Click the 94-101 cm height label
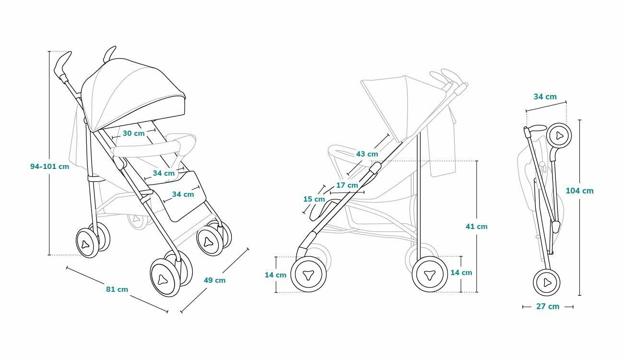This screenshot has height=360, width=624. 49,167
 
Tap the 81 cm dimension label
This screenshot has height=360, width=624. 117,289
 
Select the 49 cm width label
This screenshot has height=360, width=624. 214,280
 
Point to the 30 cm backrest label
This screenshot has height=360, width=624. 134,133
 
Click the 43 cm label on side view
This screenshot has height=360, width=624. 367,154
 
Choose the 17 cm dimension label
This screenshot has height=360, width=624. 347,185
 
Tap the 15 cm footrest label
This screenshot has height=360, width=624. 314,199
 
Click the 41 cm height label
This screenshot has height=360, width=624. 477,227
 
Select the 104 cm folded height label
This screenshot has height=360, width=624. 580,191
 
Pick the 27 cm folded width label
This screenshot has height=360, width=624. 548,306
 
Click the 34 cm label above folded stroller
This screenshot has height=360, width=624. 545,96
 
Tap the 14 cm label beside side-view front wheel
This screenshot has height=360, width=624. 275,275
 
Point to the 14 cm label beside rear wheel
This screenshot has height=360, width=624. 461,273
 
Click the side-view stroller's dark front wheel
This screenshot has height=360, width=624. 309,275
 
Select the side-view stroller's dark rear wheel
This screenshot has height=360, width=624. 430,274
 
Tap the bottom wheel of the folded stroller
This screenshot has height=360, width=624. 547,282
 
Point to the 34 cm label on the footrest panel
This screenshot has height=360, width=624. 183,194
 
